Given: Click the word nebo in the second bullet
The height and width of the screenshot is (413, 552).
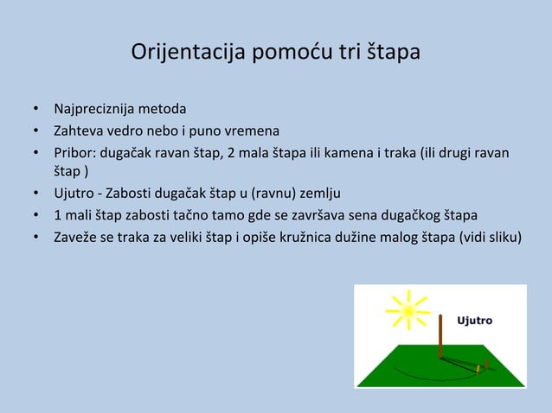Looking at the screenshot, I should pyautogui.click(x=170, y=132).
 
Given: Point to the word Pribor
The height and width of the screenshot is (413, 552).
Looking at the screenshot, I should pyautogui.click(x=74, y=154).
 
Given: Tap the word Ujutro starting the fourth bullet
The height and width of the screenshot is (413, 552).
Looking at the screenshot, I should pyautogui.click(x=74, y=192).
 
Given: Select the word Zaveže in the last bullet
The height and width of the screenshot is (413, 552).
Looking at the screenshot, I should pyautogui.click(x=75, y=235).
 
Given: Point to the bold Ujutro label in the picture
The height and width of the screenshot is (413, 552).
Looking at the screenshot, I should pyautogui.click(x=475, y=321).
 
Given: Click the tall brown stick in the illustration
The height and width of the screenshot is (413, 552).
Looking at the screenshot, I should pyautogui.click(x=440, y=336).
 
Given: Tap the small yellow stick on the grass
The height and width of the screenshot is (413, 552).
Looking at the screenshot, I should pyautogui.click(x=477, y=369).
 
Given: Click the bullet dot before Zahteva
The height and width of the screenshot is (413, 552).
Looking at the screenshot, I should pyautogui.click(x=36, y=132).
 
